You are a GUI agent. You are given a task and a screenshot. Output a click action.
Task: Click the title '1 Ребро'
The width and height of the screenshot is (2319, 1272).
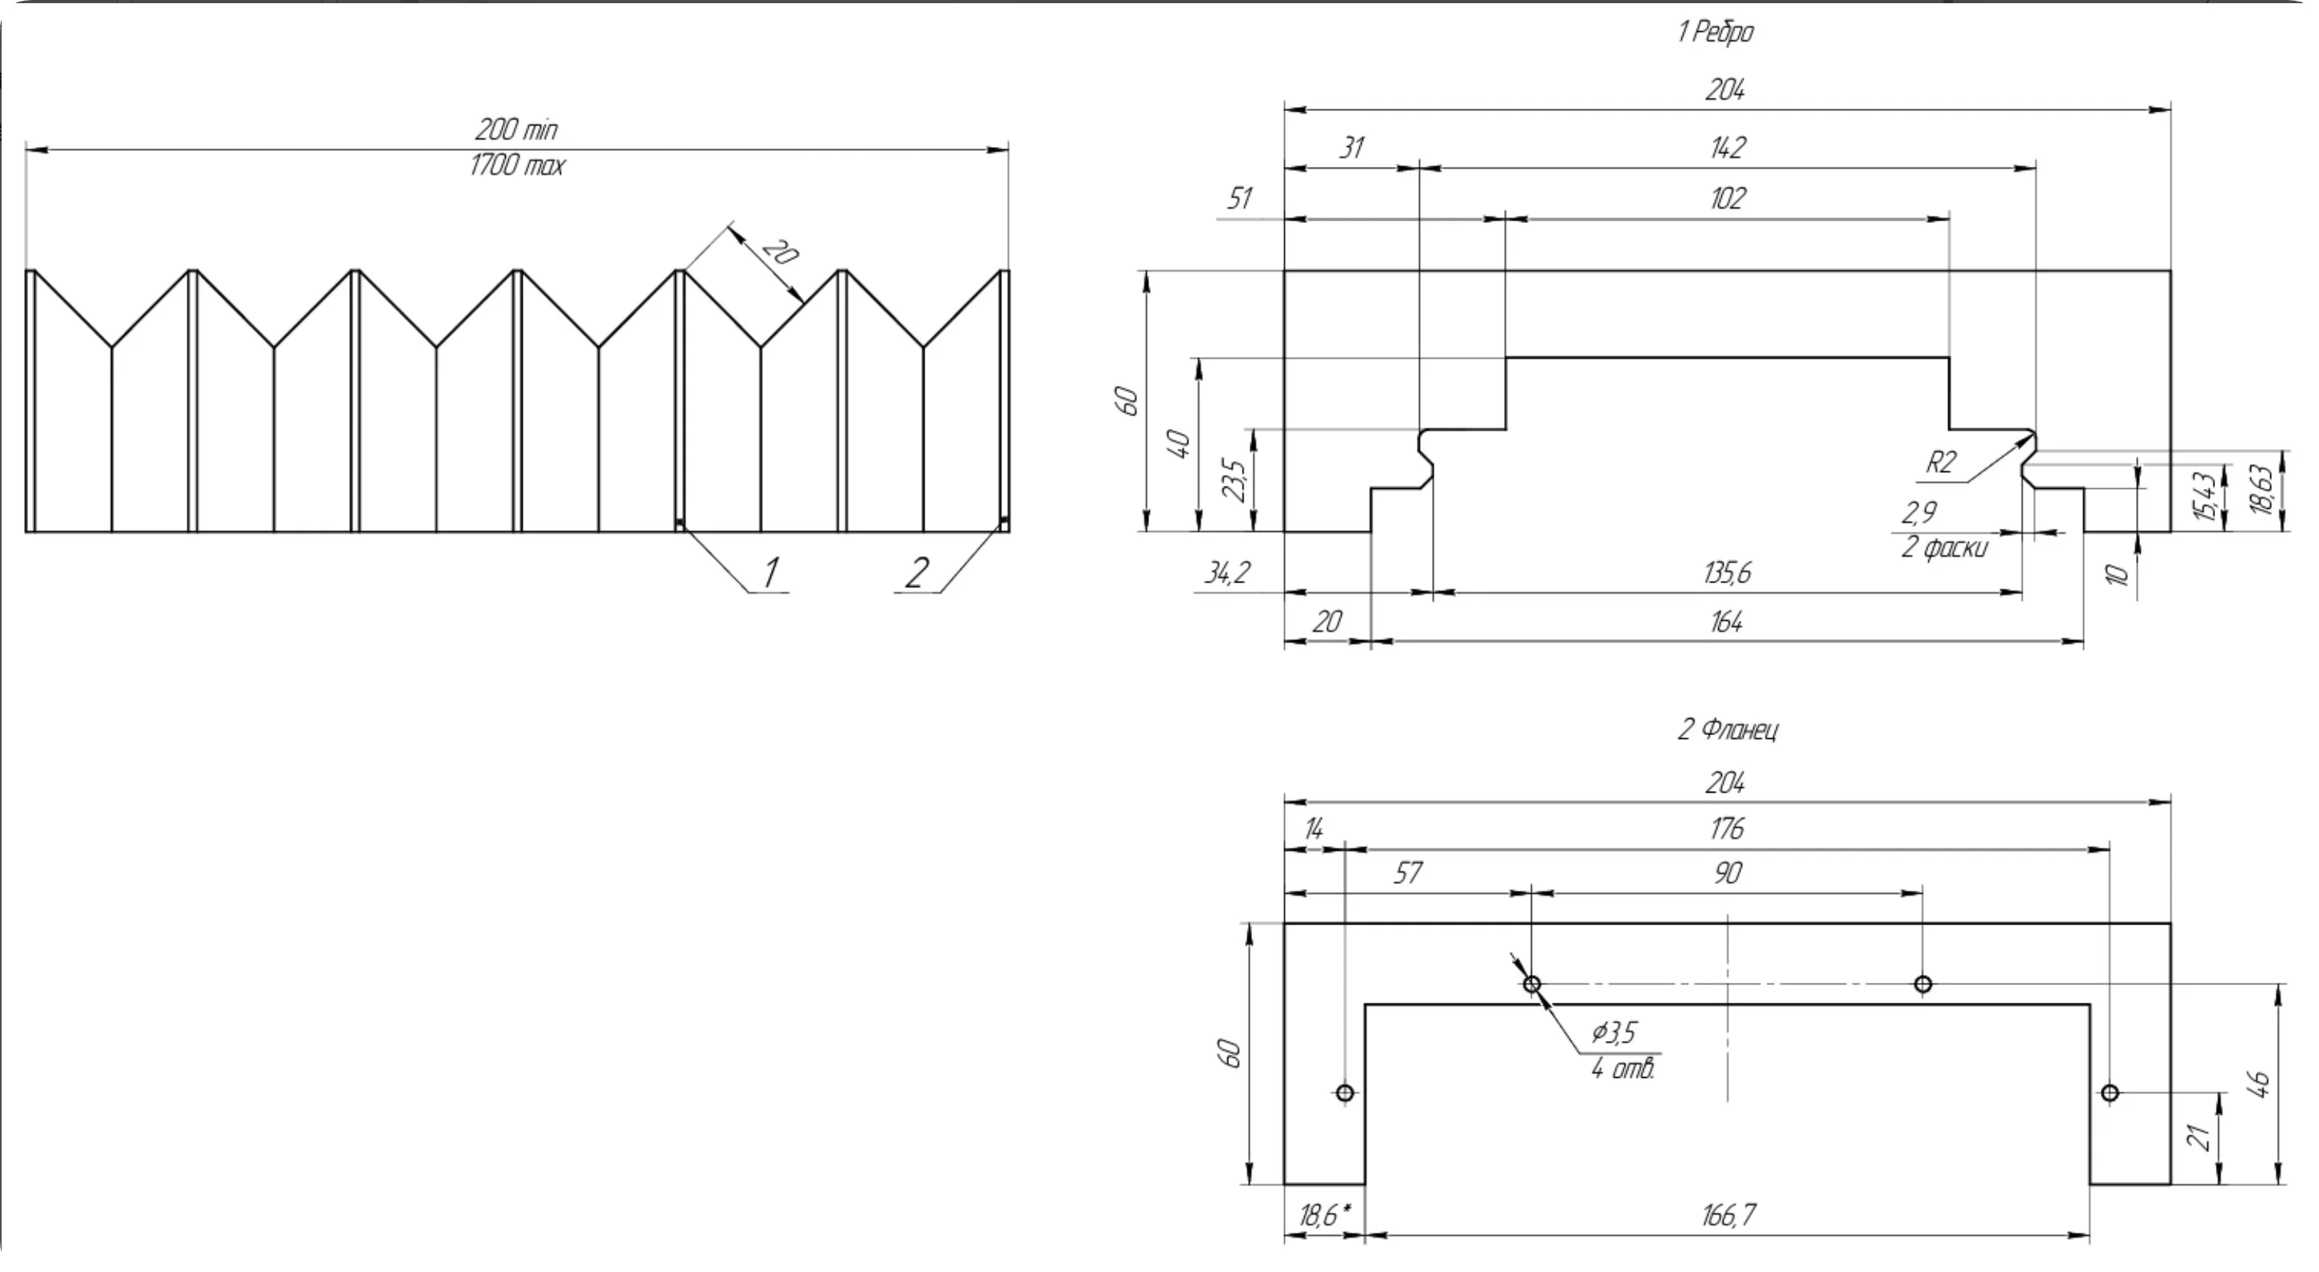coord(1715,33)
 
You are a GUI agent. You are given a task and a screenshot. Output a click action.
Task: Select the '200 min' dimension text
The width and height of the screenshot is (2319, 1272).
coord(516,129)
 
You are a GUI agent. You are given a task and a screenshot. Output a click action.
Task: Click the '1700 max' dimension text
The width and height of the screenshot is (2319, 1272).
coord(517,165)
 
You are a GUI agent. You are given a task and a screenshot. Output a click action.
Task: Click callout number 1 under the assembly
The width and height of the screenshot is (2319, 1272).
coord(770,573)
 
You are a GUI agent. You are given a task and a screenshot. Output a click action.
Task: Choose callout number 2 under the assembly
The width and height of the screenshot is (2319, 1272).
coord(917,573)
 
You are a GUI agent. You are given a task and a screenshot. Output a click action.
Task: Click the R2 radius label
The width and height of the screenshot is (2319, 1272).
coord(1941,462)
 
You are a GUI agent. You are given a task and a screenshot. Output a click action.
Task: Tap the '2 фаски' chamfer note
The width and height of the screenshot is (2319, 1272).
coord(1943,547)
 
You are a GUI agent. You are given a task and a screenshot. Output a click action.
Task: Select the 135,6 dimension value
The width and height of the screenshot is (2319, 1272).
coord(1727,573)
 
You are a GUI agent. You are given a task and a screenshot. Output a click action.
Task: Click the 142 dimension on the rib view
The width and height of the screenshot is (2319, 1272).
coord(1727,147)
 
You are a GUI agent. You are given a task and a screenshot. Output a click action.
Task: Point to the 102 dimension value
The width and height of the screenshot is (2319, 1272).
coord(1727,198)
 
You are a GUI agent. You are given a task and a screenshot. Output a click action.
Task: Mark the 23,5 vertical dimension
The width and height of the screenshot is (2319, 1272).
coord(1235,480)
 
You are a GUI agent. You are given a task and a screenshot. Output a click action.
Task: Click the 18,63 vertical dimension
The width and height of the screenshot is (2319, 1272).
coord(2261,491)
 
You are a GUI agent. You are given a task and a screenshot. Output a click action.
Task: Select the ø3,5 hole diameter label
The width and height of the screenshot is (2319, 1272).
coord(1613,1032)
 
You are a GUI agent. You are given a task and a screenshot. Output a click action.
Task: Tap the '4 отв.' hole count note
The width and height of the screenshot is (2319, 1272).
coord(1622,1069)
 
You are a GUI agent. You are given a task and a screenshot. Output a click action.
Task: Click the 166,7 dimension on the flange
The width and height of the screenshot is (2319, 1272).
coord(1728,1215)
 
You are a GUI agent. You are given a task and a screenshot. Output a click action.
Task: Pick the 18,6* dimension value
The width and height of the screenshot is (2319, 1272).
coord(1323,1215)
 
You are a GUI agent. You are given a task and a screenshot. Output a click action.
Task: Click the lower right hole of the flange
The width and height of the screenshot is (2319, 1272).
coord(2110,1093)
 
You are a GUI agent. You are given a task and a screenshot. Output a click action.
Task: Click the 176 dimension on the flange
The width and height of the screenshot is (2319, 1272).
coord(1727,829)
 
